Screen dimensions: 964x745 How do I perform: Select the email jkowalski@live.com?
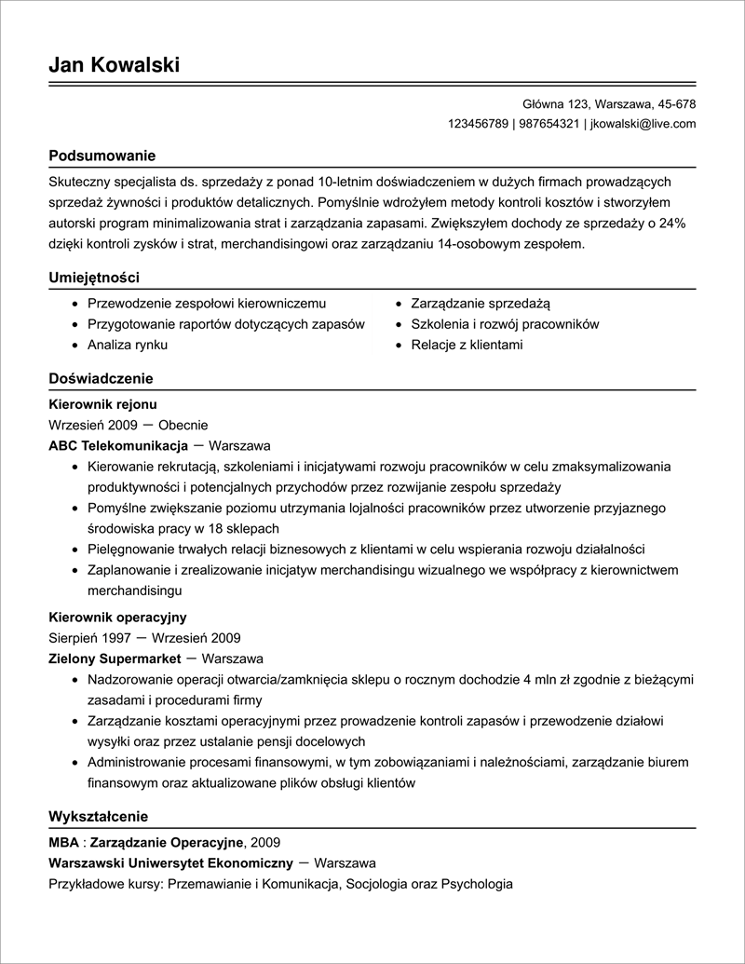pos(643,124)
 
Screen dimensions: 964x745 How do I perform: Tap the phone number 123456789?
pos(478,124)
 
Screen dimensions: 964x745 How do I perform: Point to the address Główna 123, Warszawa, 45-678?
pos(609,103)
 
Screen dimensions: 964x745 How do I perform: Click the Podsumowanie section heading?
pos(102,155)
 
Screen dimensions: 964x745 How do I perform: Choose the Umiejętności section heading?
pos(93,277)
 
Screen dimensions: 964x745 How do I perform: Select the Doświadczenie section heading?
pos(101,378)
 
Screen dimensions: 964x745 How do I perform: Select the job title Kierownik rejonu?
pos(102,404)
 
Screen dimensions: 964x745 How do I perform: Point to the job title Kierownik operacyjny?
pos(117,618)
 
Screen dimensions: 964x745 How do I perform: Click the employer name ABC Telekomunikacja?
pos(118,445)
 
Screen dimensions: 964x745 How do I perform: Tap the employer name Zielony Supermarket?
pos(115,659)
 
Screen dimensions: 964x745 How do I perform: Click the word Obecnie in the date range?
pos(183,425)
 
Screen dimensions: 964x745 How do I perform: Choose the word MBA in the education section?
pos(63,842)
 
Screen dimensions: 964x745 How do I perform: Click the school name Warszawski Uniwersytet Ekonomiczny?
pos(170,862)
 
